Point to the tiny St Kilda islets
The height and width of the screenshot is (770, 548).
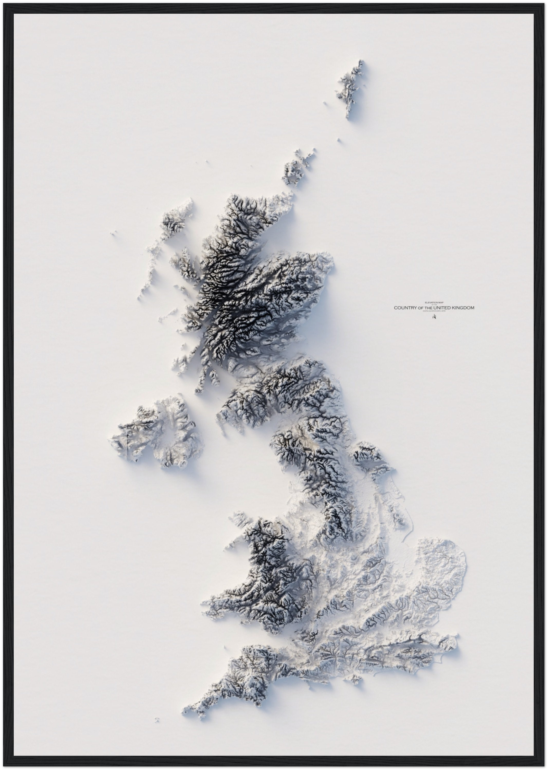[x=113, y=232]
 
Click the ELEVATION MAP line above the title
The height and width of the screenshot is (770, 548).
[x=434, y=303]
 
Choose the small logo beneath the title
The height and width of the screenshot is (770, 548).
[x=434, y=317]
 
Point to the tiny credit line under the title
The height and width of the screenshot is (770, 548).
[x=434, y=312]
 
